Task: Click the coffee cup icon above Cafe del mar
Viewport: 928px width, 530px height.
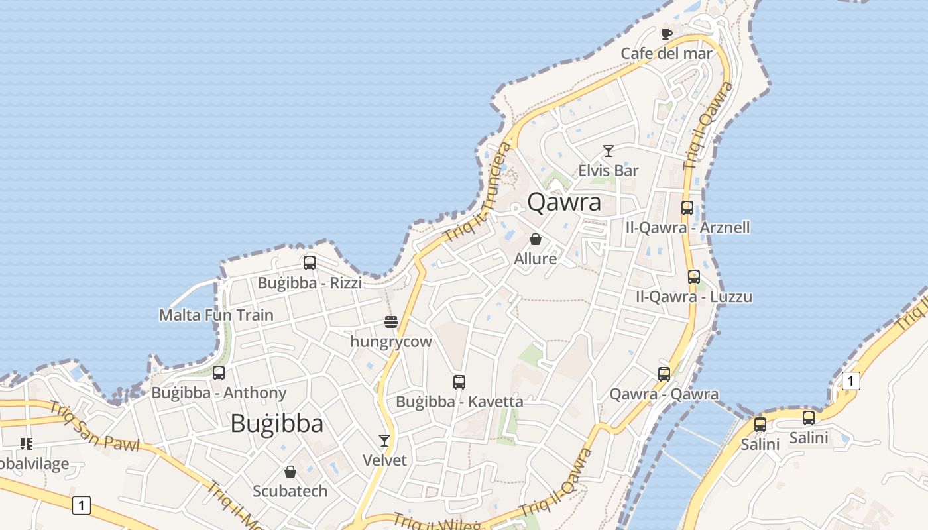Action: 667,34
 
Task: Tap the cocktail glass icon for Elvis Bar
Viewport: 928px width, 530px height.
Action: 608,151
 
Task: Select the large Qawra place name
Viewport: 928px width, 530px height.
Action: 565,202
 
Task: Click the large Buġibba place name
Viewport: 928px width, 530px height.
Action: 277,424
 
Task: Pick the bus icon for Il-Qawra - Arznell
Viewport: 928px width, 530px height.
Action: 687,208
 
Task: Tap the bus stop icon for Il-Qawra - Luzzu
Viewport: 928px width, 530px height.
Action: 694,277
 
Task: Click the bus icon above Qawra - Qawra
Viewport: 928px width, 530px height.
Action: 664,374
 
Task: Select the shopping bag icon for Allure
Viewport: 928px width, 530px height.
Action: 536,239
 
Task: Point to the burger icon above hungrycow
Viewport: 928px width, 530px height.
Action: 391,323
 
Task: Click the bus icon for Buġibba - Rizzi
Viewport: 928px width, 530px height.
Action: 310,263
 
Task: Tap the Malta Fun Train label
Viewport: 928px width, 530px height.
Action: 216,315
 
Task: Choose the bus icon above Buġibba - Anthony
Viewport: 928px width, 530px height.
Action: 219,373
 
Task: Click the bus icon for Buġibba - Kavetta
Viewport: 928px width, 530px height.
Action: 459,382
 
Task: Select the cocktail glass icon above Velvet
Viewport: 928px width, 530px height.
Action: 384,441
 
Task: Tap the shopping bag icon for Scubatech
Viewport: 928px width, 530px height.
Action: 290,472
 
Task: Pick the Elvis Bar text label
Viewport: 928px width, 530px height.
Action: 609,170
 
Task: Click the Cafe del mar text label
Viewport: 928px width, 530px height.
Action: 666,54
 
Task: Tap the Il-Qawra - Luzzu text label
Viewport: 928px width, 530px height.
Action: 694,297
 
